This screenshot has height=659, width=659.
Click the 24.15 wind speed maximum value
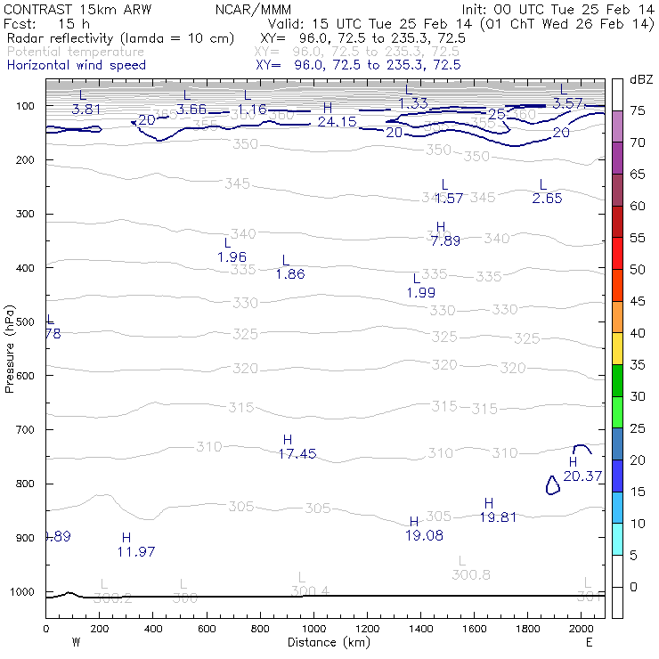338,121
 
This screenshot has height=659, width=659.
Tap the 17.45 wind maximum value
297,453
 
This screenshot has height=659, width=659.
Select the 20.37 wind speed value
583,476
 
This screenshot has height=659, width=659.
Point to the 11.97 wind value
136,551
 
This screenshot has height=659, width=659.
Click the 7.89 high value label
445,240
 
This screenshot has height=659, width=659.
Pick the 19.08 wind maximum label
426,535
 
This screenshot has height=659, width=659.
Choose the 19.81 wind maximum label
499,517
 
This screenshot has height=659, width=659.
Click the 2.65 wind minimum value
548,199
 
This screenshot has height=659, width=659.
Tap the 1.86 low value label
290,274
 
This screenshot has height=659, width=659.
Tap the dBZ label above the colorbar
640,79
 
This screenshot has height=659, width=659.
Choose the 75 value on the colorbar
639,110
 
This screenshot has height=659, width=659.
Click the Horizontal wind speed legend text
77,65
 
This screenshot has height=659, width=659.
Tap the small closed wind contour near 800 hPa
552,484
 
